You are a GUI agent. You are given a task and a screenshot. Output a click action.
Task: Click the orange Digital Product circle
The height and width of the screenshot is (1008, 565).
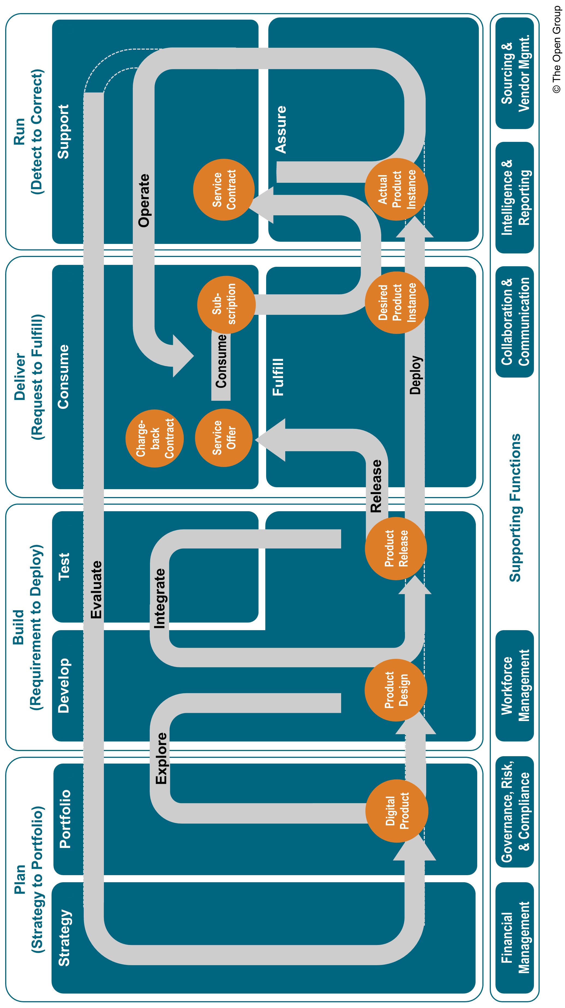(x=396, y=811)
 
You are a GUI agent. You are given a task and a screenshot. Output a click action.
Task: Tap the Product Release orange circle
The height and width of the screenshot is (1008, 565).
(x=396, y=548)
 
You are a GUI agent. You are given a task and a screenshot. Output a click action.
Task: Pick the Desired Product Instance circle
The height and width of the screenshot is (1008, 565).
(x=396, y=303)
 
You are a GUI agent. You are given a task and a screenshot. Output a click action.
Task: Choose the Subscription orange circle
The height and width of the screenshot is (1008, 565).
(x=226, y=304)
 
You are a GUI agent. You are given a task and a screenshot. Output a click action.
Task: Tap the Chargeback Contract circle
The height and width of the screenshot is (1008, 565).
(x=155, y=438)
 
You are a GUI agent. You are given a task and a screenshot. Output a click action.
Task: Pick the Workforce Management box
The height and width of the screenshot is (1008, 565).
(x=515, y=686)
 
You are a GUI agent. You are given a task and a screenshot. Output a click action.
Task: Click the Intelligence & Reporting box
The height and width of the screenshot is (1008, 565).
(x=515, y=197)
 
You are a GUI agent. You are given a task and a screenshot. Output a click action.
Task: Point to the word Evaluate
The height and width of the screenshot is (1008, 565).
(x=96, y=590)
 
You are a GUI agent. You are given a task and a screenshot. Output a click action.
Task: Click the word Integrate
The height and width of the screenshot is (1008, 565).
(x=160, y=599)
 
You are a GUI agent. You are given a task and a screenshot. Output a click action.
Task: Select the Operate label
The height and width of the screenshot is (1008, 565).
(x=144, y=200)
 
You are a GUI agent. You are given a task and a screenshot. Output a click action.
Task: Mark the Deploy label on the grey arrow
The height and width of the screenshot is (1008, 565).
(x=415, y=375)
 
